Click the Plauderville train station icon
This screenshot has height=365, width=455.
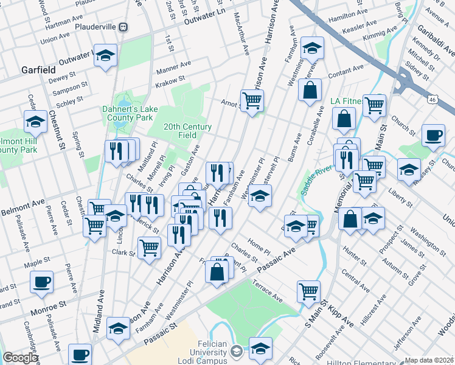click(123, 27)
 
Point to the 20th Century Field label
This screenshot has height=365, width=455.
click(187, 131)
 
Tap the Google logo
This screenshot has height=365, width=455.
click(20, 358)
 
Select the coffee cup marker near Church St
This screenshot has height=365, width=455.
click(433, 136)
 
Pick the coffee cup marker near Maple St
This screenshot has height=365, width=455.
click(41, 283)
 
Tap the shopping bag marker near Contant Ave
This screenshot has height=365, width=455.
click(310, 90)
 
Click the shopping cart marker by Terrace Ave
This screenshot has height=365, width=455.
click(309, 291)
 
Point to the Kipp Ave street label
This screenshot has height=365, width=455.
click(342, 319)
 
